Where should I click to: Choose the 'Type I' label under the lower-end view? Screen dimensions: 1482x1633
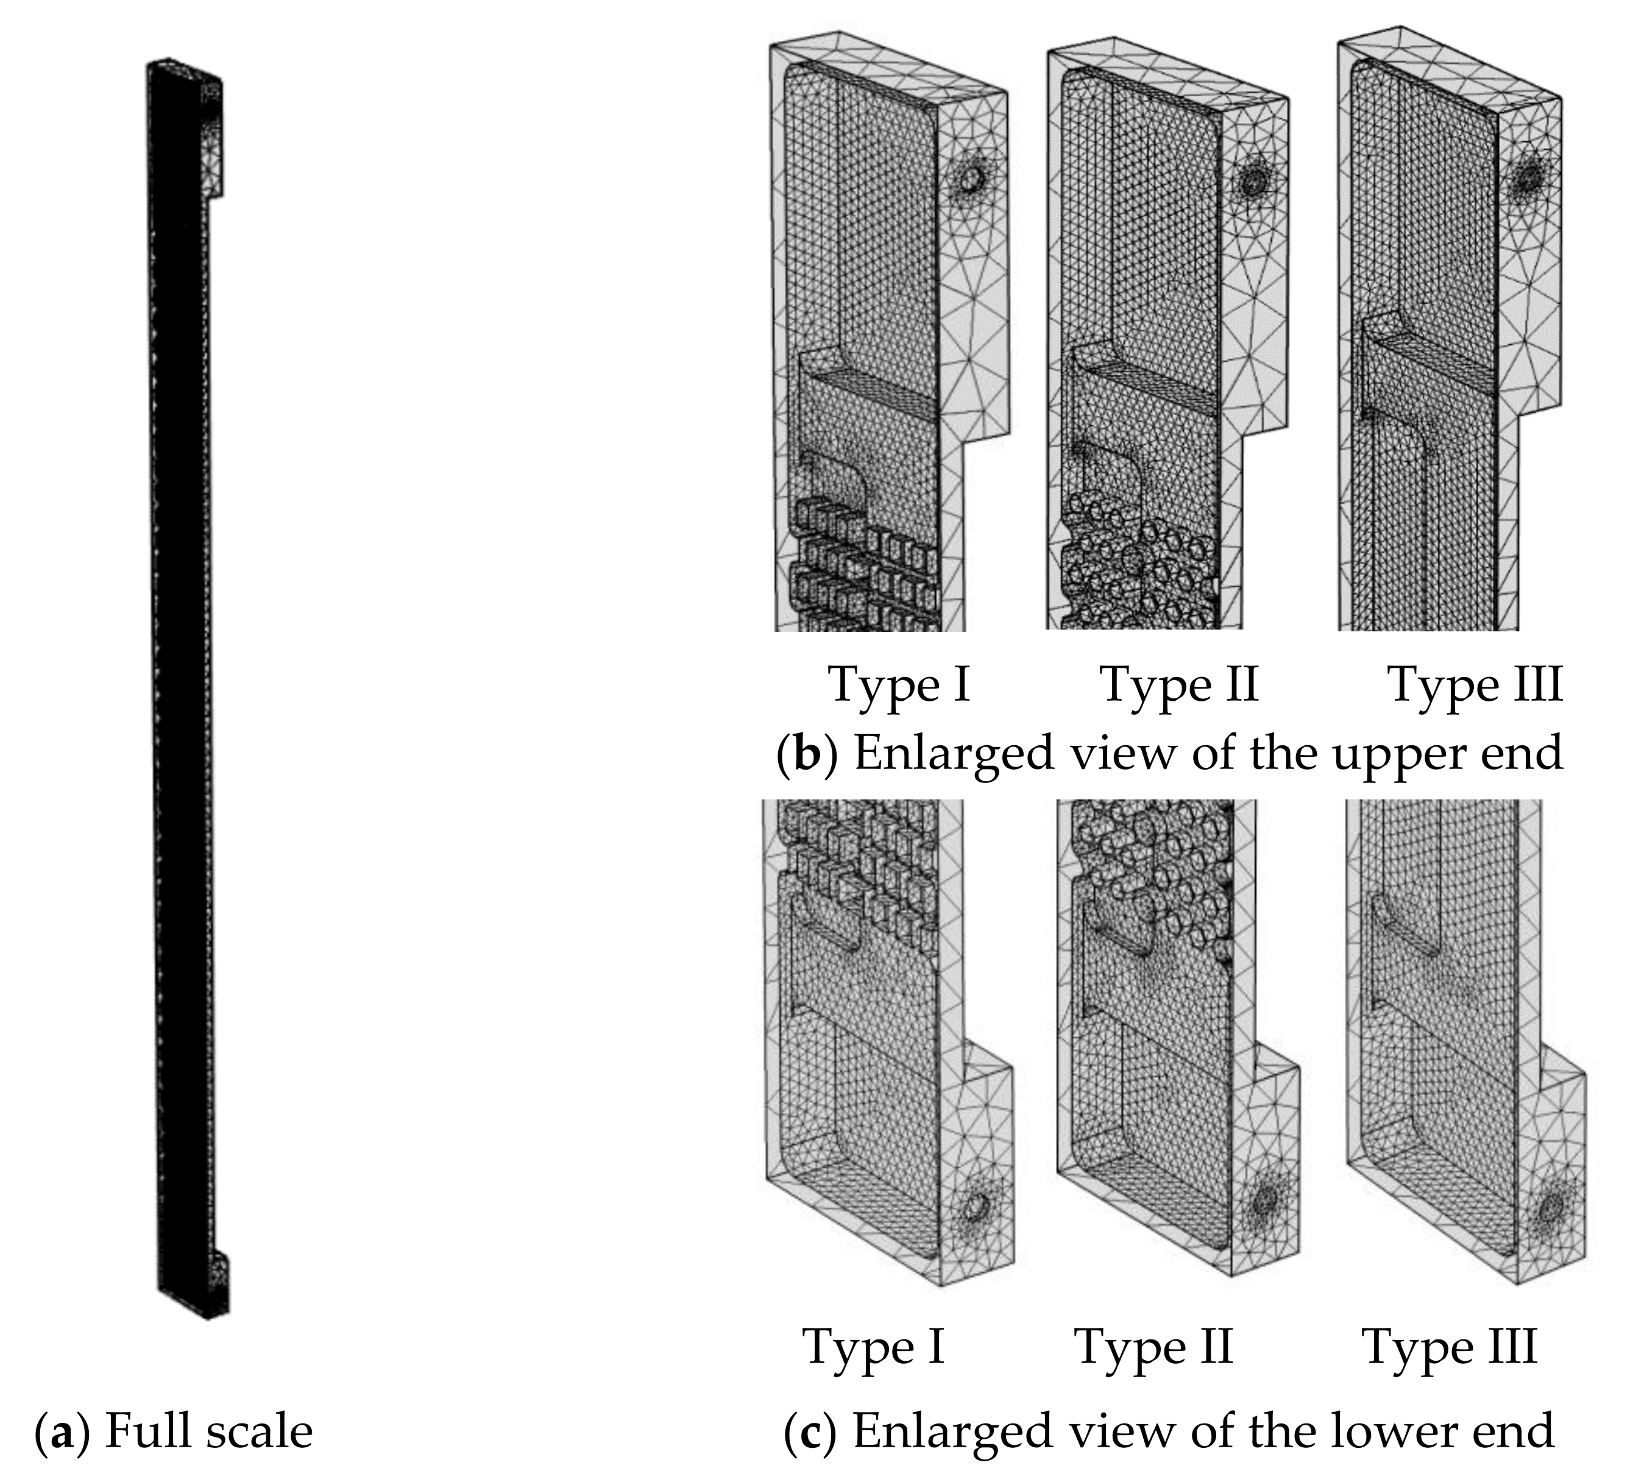click(x=873, y=1347)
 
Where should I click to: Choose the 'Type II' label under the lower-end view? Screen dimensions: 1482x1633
click(x=1153, y=1347)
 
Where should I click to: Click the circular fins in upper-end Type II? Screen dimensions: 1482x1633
click(x=1134, y=567)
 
